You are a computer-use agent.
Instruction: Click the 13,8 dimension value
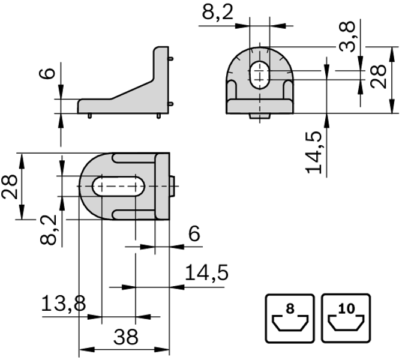pos(63,304)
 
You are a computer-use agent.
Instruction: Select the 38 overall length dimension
pos(125,336)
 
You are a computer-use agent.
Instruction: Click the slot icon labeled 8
pos(289,318)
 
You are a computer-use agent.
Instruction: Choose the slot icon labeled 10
pos(345,318)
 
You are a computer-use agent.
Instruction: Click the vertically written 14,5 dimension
pos(314,152)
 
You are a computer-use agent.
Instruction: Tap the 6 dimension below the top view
pos(194,234)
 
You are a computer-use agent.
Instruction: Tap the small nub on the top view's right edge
pos(172,185)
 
